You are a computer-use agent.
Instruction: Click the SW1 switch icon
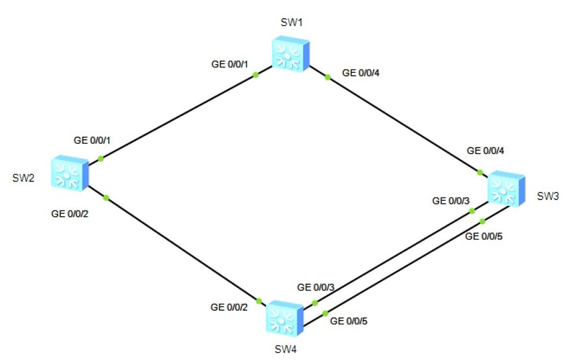[x=290, y=54]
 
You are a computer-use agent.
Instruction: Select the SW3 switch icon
[x=505, y=188]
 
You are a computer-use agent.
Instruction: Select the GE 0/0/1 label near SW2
[x=93, y=140]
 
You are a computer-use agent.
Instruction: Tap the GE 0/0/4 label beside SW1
[x=361, y=73]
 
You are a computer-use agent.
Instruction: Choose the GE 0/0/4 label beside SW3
[x=486, y=151]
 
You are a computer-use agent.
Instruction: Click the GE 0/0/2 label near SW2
[x=71, y=213]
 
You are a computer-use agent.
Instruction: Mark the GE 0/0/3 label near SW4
[x=315, y=287]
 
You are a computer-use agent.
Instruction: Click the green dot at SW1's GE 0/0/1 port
[x=256, y=75]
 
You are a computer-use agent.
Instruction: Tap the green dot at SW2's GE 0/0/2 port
[x=106, y=197]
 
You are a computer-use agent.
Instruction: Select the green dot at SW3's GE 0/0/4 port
[x=480, y=172]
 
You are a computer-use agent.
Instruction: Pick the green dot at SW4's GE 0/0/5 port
[x=325, y=313]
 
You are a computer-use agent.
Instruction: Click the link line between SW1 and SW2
[x=178, y=117]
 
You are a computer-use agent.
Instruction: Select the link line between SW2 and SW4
[x=181, y=249]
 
